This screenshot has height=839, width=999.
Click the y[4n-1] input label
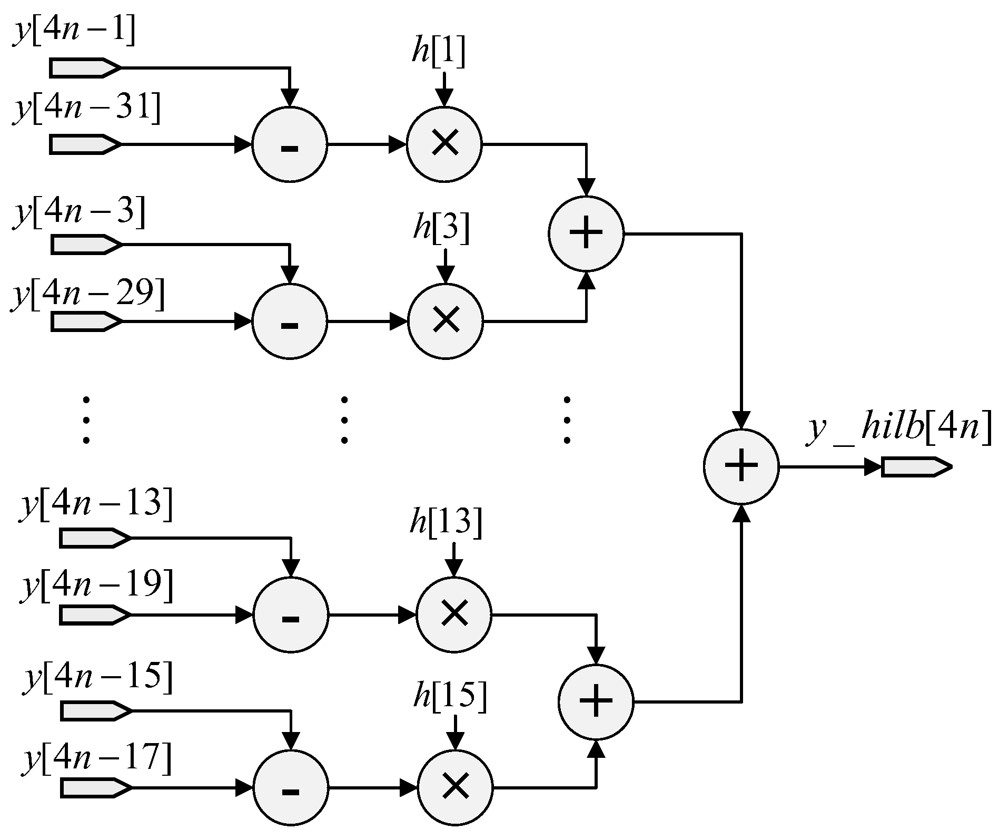(x=74, y=32)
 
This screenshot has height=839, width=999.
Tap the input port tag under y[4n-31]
(x=84, y=144)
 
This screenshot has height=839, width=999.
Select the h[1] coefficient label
(x=438, y=54)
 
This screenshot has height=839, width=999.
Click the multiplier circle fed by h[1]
(x=444, y=144)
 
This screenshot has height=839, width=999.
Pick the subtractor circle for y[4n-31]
(x=290, y=145)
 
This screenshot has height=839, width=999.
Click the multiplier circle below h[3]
(x=446, y=320)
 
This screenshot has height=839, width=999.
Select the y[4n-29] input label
(x=87, y=293)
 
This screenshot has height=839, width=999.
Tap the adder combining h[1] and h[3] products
(x=586, y=233)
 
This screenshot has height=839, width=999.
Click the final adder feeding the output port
(x=741, y=466)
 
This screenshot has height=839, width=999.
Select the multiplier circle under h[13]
(x=454, y=614)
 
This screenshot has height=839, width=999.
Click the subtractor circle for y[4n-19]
(x=291, y=615)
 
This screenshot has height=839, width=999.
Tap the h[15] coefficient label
(x=450, y=697)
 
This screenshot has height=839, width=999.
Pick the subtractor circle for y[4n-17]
(x=291, y=788)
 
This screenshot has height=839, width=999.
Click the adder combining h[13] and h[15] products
(x=596, y=701)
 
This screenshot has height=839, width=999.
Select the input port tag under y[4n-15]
(x=95, y=711)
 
